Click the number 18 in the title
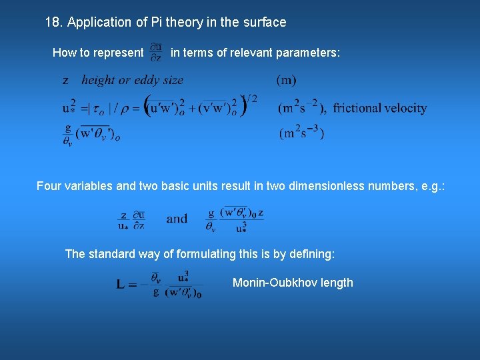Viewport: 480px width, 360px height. [52, 22]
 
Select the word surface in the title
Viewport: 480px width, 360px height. [264, 22]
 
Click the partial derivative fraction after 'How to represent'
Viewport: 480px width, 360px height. [156, 52]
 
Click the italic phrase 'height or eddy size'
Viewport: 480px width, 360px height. [132, 80]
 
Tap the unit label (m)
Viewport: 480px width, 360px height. [287, 80]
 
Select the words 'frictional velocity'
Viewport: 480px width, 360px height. [380, 108]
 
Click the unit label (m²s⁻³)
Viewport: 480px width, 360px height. [301, 132]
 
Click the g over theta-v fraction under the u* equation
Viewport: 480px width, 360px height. [68, 133]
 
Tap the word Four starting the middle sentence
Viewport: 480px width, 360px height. [49, 186]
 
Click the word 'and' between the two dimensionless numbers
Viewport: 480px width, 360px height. [177, 219]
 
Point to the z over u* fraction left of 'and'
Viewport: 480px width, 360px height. [124, 219]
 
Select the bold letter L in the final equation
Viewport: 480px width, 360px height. [121, 285]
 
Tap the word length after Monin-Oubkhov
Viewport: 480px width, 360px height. [337, 283]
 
